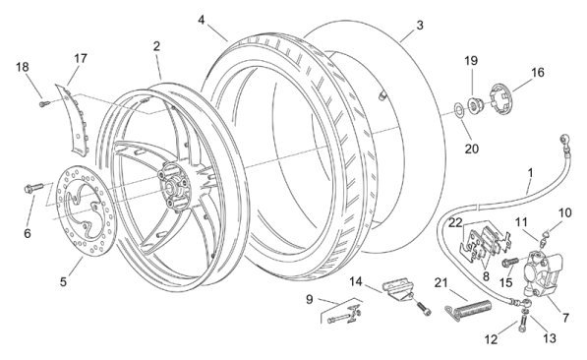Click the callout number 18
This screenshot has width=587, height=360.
(23, 67)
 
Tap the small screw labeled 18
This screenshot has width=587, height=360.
(44, 103)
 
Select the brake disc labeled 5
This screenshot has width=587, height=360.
(87, 211)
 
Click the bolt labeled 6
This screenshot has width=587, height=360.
(33, 188)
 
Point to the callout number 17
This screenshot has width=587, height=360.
(81, 58)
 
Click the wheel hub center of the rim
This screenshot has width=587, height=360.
(174, 186)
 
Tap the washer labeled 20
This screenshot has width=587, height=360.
(458, 109)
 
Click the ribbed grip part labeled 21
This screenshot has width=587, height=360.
(469, 309)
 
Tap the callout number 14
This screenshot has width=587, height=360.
(356, 281)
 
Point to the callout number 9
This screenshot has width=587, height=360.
(309, 299)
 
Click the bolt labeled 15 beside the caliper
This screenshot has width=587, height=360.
(510, 263)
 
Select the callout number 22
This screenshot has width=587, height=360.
(455, 223)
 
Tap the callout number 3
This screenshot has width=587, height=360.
(420, 26)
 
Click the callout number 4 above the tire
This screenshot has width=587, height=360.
(202, 20)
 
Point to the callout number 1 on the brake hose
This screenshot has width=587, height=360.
(530, 173)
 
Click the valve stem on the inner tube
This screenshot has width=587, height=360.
(382, 95)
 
